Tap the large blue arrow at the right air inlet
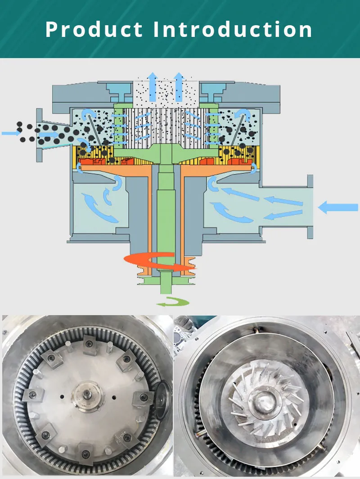(x=337, y=208)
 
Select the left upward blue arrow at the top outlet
(x=153, y=87)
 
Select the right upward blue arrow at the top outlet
(x=179, y=87)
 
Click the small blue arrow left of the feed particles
(x=11, y=133)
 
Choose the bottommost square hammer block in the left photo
(x=85, y=453)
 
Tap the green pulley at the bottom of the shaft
(x=166, y=280)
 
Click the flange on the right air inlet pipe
(x=310, y=207)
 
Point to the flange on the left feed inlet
(x=39, y=135)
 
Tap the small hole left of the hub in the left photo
(x=62, y=397)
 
